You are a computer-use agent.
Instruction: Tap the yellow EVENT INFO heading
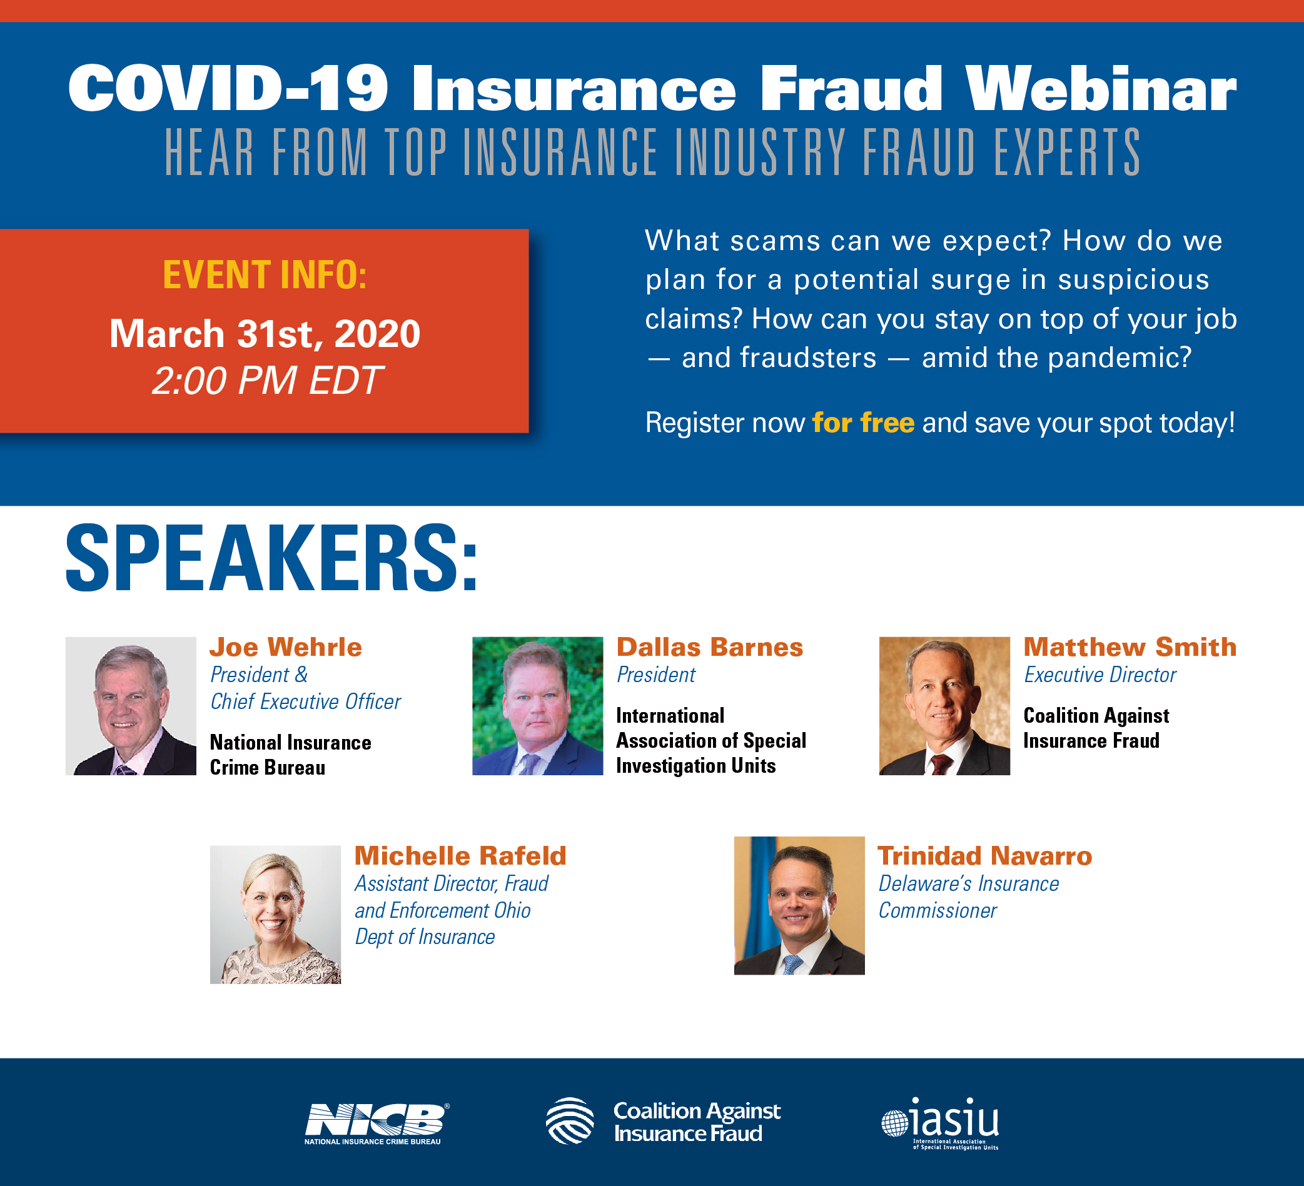tap(265, 275)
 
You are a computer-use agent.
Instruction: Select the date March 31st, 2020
tap(265, 334)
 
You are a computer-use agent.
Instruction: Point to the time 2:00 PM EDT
tap(267, 380)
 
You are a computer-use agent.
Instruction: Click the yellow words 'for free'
tap(863, 423)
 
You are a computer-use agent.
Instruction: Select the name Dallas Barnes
tap(710, 647)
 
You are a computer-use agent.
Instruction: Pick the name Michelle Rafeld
tap(460, 856)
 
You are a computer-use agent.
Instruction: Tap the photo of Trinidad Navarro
tap(799, 905)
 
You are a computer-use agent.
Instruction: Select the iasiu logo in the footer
tap(941, 1123)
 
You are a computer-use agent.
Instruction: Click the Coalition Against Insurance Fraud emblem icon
tap(570, 1122)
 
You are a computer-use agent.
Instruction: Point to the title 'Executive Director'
tap(1099, 675)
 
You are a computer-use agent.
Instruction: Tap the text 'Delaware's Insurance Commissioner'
tap(968, 897)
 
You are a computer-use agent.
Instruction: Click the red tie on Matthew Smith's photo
tap(941, 764)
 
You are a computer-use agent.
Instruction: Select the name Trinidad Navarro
tap(984, 856)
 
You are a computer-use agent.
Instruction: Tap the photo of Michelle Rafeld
tap(275, 915)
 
